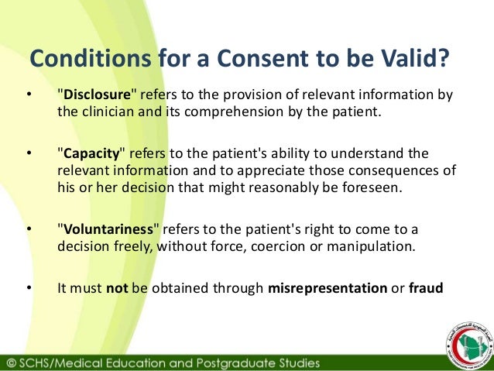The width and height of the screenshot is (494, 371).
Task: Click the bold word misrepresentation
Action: pos(327,288)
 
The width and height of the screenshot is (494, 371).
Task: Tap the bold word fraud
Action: pos(427,288)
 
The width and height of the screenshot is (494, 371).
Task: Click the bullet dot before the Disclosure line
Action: pos(29,96)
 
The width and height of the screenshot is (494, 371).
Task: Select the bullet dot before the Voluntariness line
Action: pos(29,230)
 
